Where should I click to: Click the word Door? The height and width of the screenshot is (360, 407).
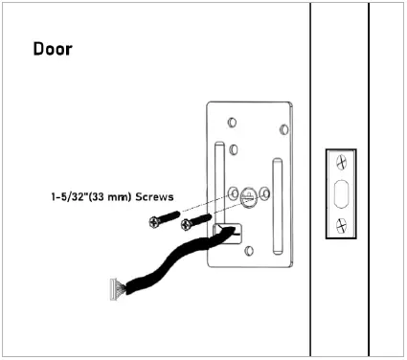point(53,48)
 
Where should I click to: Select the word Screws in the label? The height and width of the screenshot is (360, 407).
point(155,197)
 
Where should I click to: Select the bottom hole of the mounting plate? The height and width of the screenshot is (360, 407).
point(247,251)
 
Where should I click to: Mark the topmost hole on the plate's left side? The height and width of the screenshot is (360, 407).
point(231,123)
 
